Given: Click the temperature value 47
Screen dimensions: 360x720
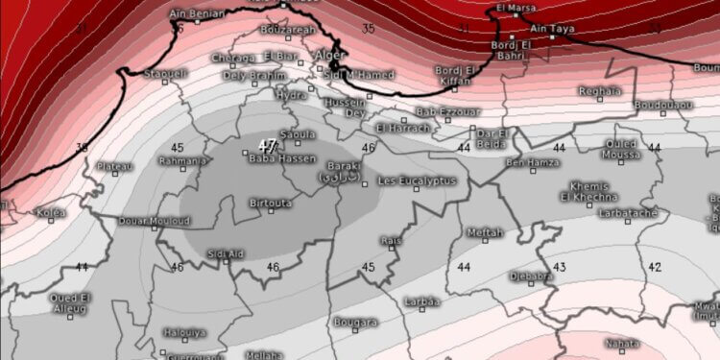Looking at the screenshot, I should click(268, 145).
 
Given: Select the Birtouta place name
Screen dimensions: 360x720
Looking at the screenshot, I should click(271, 204).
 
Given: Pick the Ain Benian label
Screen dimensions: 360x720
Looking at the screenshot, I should click(196, 13).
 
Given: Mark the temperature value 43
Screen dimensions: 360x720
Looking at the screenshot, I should click(559, 266).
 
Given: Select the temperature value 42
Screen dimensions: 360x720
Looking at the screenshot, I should click(654, 266).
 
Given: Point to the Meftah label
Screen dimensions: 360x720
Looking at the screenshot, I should click(484, 232).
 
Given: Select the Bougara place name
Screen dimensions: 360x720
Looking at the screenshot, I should click(355, 323).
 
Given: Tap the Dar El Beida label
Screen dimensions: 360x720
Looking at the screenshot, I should click(491, 138).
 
